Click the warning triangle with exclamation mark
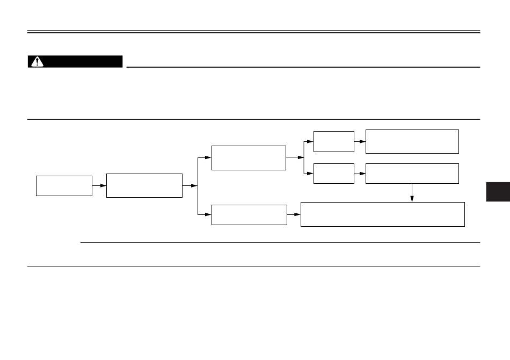click(37, 62)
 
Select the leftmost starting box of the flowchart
click(64, 185)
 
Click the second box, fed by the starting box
click(144, 185)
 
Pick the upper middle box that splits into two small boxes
click(249, 157)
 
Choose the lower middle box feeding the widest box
click(249, 215)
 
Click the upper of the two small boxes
click(333, 141)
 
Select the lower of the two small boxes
click(333, 173)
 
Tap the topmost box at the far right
click(412, 141)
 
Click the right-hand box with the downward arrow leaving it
click(412, 173)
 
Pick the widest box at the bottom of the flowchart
click(382, 214)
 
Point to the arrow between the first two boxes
click(99, 185)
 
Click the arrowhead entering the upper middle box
click(208, 157)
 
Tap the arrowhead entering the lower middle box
click(208, 215)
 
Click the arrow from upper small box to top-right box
click(360, 141)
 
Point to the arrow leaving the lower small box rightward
click(360, 173)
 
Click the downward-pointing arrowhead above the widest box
click(412, 199)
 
